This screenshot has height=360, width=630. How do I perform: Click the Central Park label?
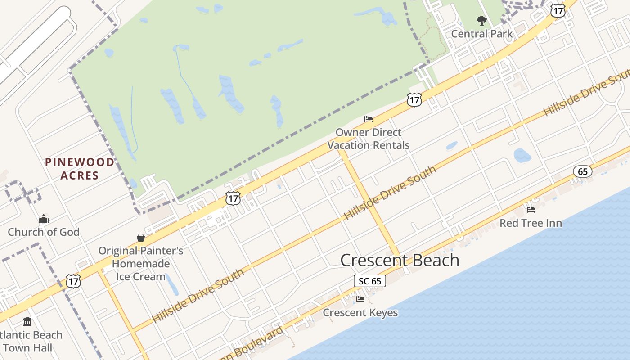[481, 34]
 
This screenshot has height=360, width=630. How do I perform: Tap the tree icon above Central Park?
[482, 21]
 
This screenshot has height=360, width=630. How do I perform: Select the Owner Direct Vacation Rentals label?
[369, 139]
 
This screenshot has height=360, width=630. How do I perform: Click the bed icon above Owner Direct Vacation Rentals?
[369, 119]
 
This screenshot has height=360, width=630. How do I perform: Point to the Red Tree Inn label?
[531, 223]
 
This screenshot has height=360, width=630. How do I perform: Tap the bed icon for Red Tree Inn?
[531, 209]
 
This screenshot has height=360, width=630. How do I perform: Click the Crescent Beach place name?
[400, 260]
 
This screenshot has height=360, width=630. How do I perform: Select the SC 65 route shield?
[369, 281]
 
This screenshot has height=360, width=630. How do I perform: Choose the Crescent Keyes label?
[360, 312]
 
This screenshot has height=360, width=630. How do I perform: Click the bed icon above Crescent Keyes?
[360, 299]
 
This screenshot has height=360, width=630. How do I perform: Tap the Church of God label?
[44, 232]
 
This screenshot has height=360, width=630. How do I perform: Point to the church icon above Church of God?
[44, 219]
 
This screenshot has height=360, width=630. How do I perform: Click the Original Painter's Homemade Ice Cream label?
[141, 263]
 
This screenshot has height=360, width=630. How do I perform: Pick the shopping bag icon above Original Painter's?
[141, 238]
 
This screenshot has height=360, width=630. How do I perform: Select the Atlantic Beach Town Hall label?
[29, 341]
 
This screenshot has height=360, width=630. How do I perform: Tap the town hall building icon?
[27, 322]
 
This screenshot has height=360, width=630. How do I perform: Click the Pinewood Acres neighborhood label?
[80, 169]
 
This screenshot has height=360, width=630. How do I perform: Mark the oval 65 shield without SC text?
[582, 171]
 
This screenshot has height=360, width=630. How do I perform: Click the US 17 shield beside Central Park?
[558, 11]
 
